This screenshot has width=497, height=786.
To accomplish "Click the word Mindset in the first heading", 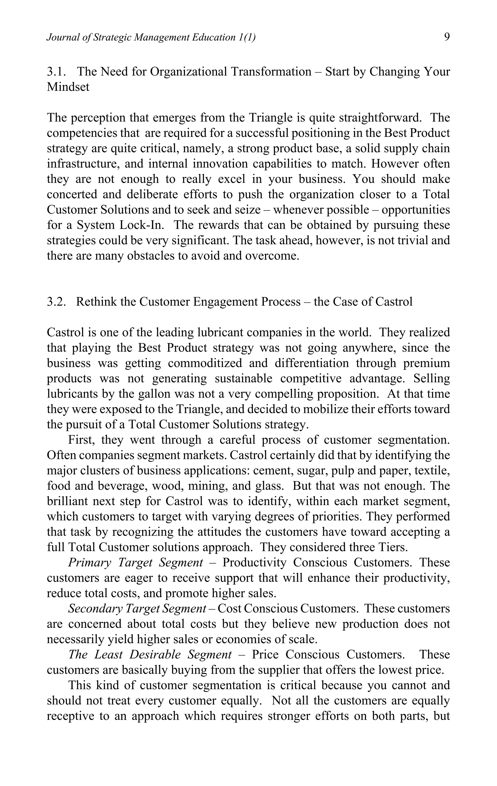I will [68, 87].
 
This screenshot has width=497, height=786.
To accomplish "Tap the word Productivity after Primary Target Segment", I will [254, 562].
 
